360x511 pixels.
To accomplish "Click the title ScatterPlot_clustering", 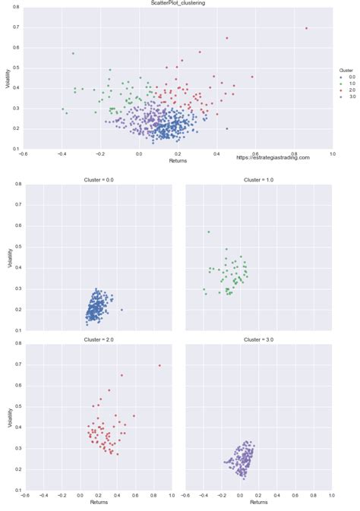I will (x=178, y=3).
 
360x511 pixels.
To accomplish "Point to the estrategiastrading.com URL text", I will (x=273, y=157).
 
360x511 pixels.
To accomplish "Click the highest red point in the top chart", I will (x=306, y=28).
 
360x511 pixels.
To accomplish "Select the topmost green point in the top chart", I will (x=73, y=53).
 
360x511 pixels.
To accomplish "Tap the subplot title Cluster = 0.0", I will (x=98, y=180).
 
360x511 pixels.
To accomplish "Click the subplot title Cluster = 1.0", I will (x=258, y=180).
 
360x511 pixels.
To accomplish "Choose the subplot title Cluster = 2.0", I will (x=98, y=341).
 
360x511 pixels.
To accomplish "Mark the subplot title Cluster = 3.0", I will (x=258, y=341).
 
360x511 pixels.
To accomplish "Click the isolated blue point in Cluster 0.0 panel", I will (x=122, y=310).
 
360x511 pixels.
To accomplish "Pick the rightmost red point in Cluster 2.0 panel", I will (x=159, y=365).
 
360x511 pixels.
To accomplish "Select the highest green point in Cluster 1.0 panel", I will (x=209, y=232).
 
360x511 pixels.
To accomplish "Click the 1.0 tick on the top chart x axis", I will (x=332, y=153).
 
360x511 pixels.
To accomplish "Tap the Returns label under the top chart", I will (x=178, y=161).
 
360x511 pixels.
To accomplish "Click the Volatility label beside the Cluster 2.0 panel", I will (x=8, y=418).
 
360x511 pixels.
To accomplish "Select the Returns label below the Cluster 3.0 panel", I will (x=258, y=502).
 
